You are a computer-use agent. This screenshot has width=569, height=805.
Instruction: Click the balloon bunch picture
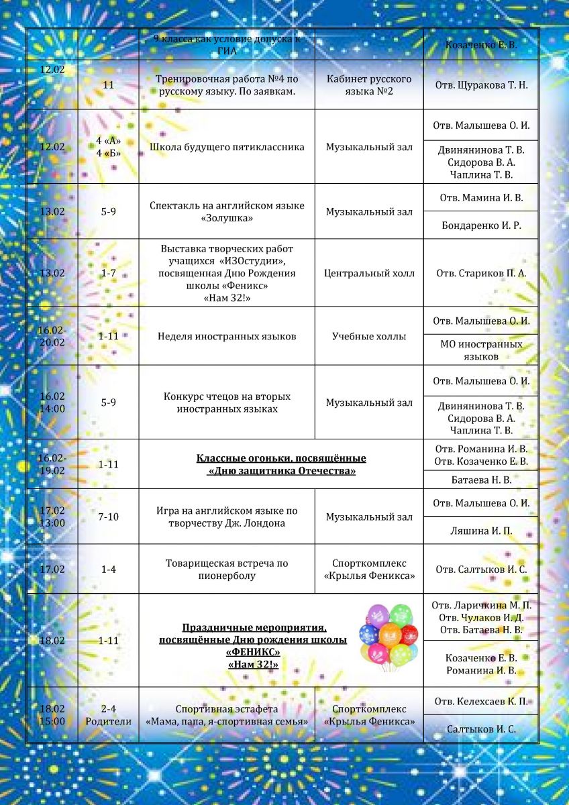point(389,635)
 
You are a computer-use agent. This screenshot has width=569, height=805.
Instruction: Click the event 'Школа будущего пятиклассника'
point(227,147)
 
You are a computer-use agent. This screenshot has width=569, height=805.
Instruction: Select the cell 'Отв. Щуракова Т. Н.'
point(481,85)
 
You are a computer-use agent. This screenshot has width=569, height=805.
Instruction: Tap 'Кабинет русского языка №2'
point(369,85)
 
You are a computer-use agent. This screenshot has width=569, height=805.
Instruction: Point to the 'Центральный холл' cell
point(369,273)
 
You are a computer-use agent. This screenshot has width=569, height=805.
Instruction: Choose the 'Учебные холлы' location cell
point(369,336)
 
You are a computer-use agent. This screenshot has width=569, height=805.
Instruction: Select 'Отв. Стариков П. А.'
point(481,273)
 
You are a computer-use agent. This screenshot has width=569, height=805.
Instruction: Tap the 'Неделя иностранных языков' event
point(227,336)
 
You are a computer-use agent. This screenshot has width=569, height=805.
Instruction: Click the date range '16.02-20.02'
point(52,336)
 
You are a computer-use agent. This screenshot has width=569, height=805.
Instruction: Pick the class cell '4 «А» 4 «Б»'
point(109,147)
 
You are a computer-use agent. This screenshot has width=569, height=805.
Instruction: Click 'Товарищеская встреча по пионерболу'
point(227,570)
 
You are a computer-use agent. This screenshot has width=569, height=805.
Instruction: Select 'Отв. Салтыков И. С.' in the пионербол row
point(481,570)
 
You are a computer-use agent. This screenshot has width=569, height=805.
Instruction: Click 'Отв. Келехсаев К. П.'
point(481,702)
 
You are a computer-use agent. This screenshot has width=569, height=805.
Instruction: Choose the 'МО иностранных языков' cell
point(481,350)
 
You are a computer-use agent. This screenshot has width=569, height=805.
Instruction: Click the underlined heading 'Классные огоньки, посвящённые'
point(281,458)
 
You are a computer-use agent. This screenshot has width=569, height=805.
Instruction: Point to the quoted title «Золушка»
point(227,219)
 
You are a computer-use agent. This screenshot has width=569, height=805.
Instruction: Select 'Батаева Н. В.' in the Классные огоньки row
point(481,480)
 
